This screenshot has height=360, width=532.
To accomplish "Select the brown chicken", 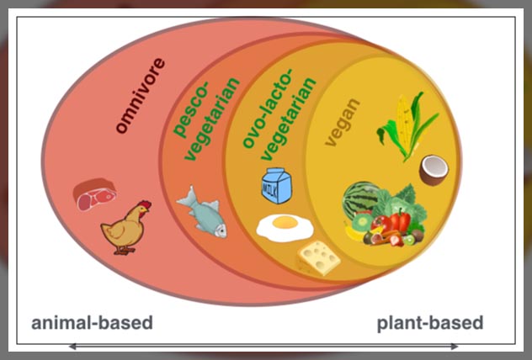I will click(125, 229).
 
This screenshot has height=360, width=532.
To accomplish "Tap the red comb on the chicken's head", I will click(144, 204).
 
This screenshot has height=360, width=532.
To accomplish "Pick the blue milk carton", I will click(276, 185).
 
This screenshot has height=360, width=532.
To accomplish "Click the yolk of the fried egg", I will click(285, 224).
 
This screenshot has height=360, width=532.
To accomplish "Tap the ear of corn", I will click(402, 127).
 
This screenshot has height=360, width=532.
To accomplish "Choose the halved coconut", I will click(434, 170).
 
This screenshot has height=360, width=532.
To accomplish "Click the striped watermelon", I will click(361, 203).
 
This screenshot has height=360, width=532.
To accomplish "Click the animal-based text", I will click(92, 323).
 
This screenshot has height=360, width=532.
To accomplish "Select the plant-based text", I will click(429, 323).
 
